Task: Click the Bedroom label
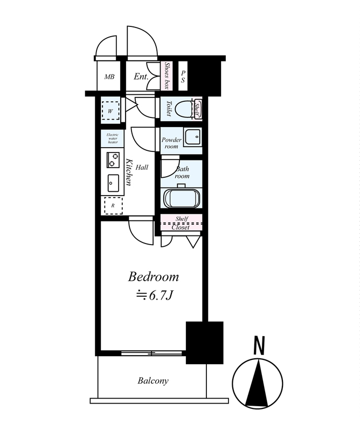point(153,277)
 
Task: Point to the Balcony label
point(153,381)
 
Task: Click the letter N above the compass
point(259,345)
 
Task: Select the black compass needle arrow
point(257,384)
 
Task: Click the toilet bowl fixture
point(185,109)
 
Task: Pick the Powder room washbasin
point(193,137)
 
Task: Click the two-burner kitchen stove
point(113,159)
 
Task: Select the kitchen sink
point(113,183)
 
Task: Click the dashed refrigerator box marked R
point(113,206)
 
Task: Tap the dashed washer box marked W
point(110,111)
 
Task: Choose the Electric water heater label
point(113,138)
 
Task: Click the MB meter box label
point(109,77)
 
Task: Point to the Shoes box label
point(167,76)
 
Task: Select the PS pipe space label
point(183,77)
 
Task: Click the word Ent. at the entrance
point(141,77)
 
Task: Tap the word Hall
point(142,168)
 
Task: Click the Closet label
point(181,227)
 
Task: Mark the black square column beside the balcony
point(204,343)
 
